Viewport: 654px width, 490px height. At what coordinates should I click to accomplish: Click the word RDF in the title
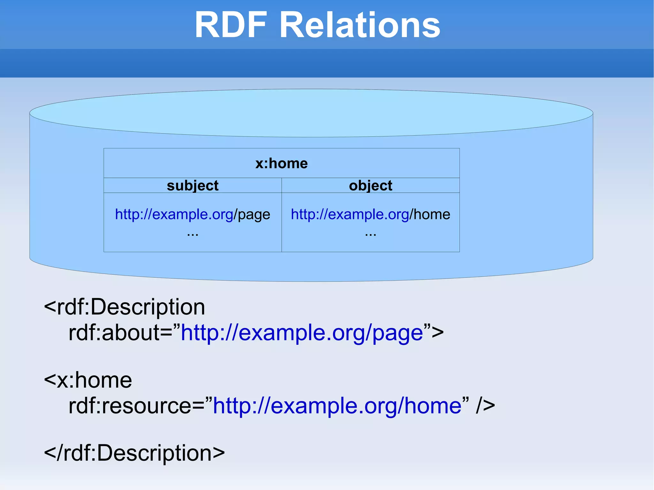231,25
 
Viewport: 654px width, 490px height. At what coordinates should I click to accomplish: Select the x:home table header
281,163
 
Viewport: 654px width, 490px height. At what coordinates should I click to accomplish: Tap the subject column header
193,185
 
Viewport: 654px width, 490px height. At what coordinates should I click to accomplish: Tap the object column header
370,185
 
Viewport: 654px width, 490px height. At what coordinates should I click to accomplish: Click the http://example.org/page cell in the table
193,214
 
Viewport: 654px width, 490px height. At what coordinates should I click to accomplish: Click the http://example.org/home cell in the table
370,214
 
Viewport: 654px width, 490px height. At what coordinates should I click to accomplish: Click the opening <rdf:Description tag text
125,307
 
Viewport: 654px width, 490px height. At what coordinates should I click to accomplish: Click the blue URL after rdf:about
302,333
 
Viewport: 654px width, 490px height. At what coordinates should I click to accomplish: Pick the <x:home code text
88,380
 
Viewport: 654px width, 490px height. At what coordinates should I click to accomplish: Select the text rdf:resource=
141,406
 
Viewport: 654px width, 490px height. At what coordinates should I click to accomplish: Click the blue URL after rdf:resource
337,406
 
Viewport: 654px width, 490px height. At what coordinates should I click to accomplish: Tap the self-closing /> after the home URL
485,406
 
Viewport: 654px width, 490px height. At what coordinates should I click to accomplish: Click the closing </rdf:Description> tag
134,453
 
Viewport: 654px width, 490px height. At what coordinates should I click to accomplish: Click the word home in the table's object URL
432,214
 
